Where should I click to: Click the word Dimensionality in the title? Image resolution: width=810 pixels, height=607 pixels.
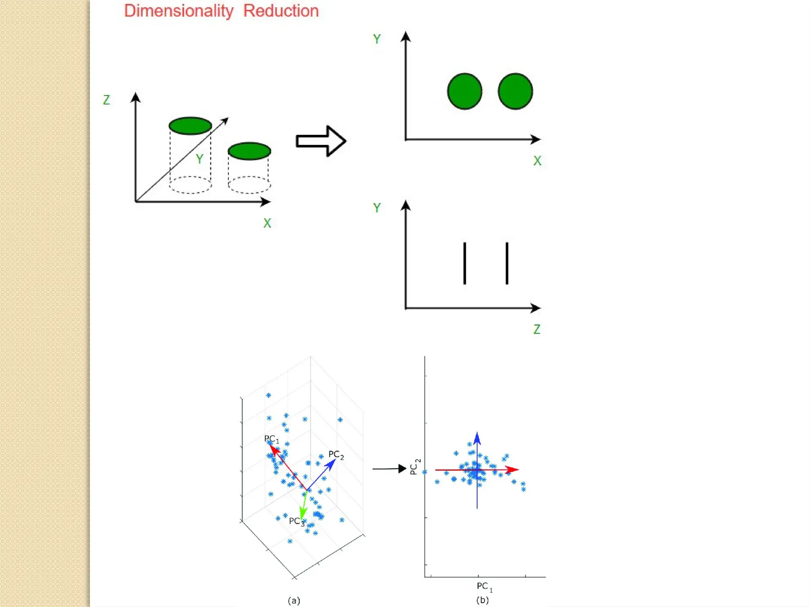tap(179, 11)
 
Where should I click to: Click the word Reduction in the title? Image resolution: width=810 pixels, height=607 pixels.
tap(281, 11)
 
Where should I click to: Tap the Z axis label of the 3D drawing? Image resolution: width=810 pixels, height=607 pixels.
tap(106, 100)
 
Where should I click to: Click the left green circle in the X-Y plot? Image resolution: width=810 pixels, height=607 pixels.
tap(465, 91)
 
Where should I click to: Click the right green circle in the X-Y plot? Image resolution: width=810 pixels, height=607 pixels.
tap(515, 91)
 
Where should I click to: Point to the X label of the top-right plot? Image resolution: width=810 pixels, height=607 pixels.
tap(537, 161)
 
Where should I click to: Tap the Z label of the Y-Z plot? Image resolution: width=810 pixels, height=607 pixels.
tap(537, 329)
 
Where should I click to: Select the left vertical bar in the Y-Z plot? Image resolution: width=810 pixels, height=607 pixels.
tap(465, 263)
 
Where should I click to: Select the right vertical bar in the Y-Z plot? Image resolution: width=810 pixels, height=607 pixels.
tap(507, 263)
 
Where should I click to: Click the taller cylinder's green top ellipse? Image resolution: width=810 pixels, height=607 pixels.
tap(190, 126)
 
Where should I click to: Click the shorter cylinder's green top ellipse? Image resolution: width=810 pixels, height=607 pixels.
tap(250, 151)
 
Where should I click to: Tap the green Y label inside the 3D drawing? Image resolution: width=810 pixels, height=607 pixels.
tap(200, 159)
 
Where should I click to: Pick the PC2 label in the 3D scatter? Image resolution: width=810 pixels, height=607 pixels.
tap(336, 455)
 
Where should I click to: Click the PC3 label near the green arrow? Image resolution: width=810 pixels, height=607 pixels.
tap(296, 522)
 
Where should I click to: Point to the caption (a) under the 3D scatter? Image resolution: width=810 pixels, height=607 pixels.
tap(294, 601)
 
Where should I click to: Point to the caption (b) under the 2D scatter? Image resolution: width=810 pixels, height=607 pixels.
tap(483, 600)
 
